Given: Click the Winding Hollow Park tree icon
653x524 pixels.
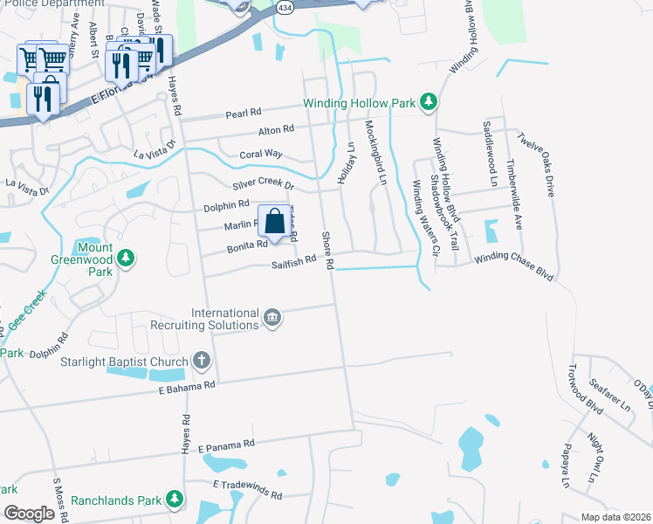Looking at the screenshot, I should (x=428, y=103).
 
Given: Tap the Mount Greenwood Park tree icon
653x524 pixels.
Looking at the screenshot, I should (x=127, y=258).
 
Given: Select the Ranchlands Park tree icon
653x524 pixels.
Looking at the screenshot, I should (x=175, y=500).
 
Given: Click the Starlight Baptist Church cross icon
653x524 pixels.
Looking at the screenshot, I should (x=202, y=360).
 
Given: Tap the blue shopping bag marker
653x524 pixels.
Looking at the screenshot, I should (x=274, y=221).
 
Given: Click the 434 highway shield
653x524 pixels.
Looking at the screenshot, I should (x=285, y=6).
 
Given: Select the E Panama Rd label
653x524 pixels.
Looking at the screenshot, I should (x=226, y=445).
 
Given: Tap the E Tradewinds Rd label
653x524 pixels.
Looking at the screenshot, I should (x=247, y=488).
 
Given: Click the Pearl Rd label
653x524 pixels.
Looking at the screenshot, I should (x=244, y=113).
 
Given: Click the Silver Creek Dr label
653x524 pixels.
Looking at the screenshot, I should (x=265, y=185).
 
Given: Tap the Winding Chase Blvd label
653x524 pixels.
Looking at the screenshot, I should (x=514, y=266).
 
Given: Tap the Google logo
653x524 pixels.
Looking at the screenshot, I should (x=28, y=513).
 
